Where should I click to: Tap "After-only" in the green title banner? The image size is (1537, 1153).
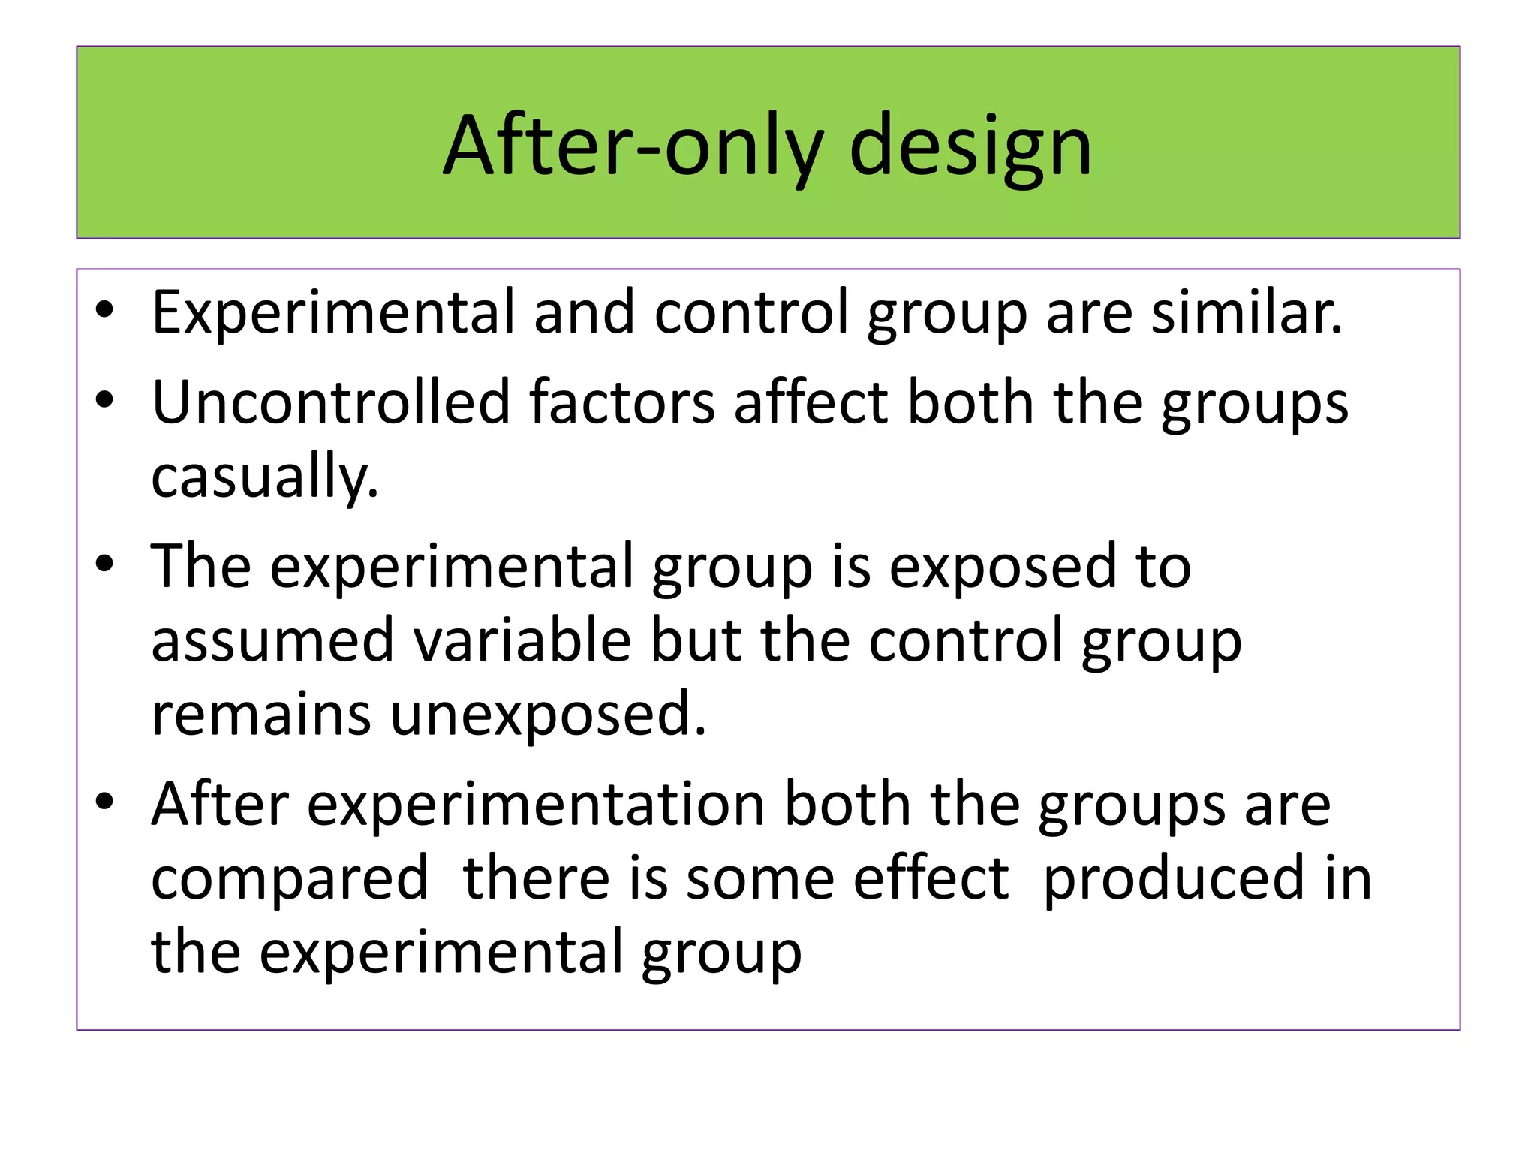(x=633, y=146)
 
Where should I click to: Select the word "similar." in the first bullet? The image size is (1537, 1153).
(x=1247, y=312)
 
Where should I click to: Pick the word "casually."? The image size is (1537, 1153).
(x=265, y=476)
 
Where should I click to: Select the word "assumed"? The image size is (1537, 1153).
(x=272, y=640)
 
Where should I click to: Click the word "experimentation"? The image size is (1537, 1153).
(x=536, y=804)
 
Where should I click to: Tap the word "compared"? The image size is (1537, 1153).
(x=290, y=878)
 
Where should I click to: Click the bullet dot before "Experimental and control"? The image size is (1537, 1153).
(x=104, y=312)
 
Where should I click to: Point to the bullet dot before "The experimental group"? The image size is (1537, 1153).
(x=104, y=566)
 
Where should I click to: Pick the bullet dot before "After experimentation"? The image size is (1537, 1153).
(x=104, y=804)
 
